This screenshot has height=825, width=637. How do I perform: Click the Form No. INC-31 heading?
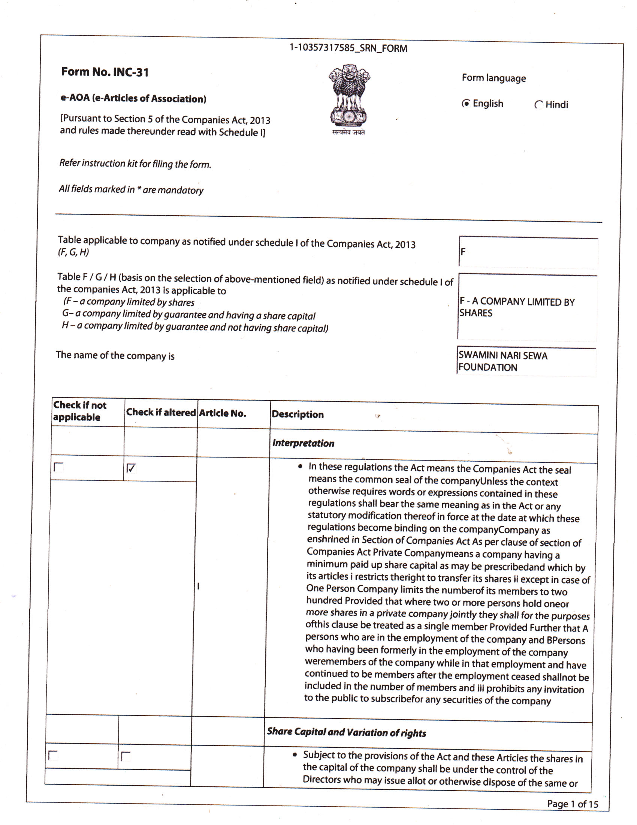105,72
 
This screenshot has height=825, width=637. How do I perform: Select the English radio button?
467,103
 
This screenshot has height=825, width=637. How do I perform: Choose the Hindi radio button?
539,105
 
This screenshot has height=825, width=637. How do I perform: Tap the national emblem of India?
349,99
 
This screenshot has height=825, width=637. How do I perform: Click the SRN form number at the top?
348,48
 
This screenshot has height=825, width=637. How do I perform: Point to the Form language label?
493,78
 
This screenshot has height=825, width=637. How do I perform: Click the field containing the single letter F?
528,252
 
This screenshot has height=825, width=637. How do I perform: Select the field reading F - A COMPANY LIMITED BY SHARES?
527,307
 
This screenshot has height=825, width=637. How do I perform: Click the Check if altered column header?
161,412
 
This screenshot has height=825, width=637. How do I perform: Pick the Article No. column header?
223,413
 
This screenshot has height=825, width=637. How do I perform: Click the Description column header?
298,414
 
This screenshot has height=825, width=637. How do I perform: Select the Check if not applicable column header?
79,411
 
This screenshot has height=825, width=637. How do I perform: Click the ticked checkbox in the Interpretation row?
130,468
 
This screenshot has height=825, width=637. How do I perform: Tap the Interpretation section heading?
304,443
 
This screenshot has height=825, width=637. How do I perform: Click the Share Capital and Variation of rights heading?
347,732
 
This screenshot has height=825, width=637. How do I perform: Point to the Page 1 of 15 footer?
572,804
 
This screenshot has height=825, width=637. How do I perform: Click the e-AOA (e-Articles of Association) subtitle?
134,98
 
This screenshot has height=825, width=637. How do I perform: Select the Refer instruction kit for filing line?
135,163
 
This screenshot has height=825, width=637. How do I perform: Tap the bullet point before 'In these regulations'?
300,467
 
